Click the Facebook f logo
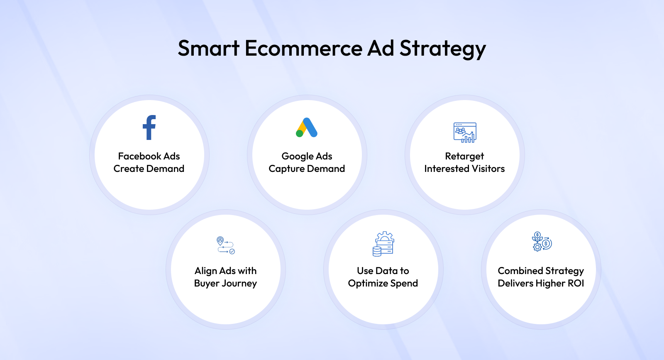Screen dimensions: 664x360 point(149,127)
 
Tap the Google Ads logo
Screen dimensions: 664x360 point(307,127)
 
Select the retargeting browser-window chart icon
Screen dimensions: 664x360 point(465,132)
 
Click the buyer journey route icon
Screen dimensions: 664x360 point(226,245)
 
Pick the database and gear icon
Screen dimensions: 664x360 point(383,244)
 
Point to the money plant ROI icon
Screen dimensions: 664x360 point(542,242)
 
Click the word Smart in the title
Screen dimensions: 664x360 point(209,48)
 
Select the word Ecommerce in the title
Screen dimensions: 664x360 point(303,48)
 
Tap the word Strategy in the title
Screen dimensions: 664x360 point(443,49)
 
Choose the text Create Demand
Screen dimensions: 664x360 point(149,169)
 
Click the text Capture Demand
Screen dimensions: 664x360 point(307,169)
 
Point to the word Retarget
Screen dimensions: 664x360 point(464,157)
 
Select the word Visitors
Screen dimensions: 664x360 point(488,169)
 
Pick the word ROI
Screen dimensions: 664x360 point(576,283)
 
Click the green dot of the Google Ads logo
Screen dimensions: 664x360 point(299,133)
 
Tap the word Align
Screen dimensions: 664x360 point(205,271)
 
